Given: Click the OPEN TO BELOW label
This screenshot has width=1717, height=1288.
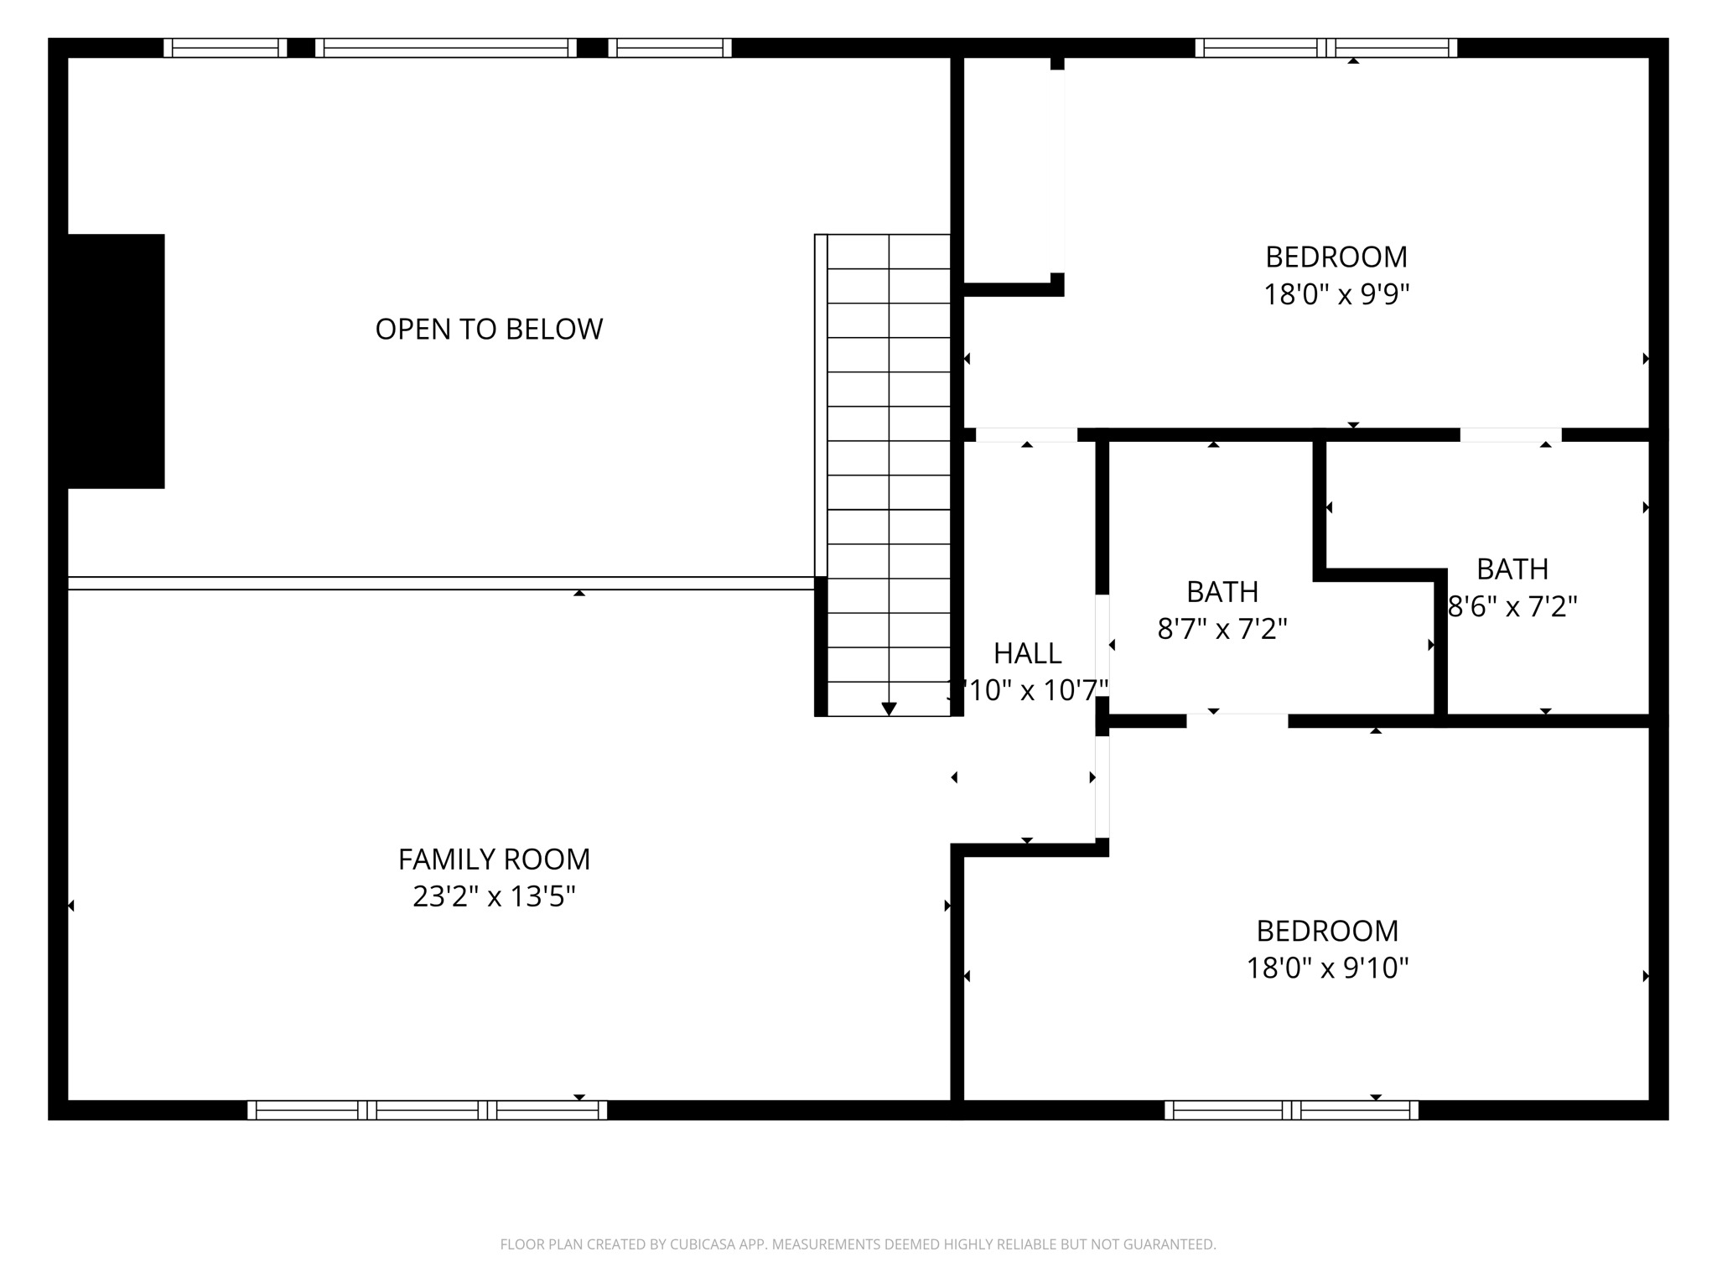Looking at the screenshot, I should (x=489, y=329).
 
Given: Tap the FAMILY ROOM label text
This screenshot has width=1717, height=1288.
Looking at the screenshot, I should (x=494, y=860).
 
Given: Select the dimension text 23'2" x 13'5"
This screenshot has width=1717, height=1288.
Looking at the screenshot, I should (x=494, y=897).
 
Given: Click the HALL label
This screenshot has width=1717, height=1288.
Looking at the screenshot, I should (x=1027, y=653).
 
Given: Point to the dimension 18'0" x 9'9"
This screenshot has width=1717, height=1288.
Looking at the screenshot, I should (x=1336, y=295).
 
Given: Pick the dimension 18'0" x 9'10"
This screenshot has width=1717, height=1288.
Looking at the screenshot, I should (x=1327, y=969).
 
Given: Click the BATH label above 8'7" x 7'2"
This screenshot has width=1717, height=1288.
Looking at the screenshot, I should (x=1222, y=592).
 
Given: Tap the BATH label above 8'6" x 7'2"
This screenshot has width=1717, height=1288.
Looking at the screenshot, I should (x=1512, y=569).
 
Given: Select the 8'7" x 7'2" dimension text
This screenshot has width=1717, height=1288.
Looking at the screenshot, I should (x=1222, y=629).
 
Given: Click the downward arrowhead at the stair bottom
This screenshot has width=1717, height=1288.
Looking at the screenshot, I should (x=889, y=709).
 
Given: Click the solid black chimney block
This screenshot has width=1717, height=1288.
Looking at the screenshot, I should (x=116, y=361).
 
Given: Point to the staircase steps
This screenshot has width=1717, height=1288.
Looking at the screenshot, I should (x=889, y=470).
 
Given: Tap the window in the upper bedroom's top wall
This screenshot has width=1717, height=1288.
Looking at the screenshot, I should (x=1325, y=48).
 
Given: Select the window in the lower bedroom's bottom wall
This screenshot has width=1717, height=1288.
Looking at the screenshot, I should (x=1291, y=1110).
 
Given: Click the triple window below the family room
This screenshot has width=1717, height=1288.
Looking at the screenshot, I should (x=427, y=1110).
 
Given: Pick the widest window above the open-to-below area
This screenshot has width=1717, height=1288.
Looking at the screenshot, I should (x=445, y=48).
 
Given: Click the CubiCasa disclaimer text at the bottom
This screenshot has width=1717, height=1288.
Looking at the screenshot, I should (x=858, y=1244).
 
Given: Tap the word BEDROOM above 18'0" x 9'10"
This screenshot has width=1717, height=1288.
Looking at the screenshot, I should (x=1327, y=931).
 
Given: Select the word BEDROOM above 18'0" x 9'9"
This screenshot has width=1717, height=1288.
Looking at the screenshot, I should (x=1336, y=257).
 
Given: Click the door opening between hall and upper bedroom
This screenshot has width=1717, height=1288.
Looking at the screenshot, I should (x=1026, y=435).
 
